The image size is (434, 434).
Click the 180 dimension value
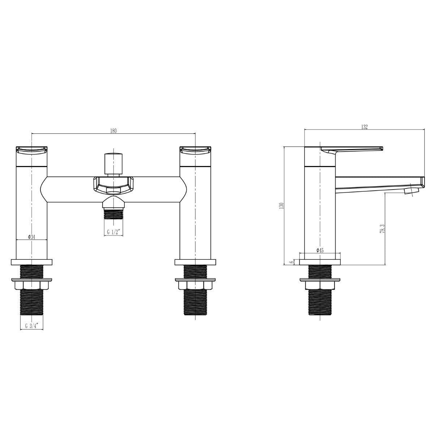tap(113, 131)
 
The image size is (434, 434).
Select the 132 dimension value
tap(364, 127)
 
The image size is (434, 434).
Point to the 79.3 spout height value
tap(382, 229)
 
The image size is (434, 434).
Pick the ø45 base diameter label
tap(320, 250)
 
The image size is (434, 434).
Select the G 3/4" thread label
tap(31, 325)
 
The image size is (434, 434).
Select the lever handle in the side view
tap(351, 149)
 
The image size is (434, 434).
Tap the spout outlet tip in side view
tap(411, 190)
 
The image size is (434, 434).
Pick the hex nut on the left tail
tap(32, 285)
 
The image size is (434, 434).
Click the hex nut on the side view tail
tap(320, 285)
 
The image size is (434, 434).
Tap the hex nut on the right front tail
tap(195, 285)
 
